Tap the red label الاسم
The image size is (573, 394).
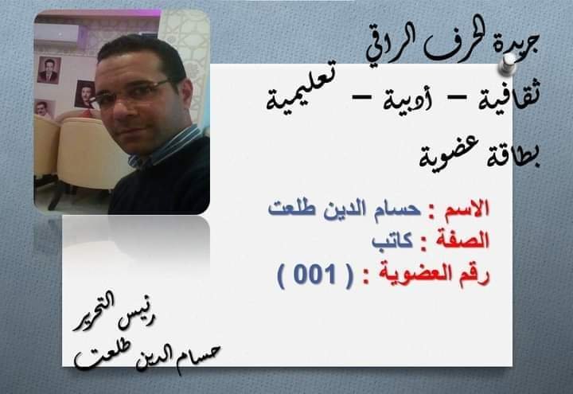pyautogui.click(x=466, y=210)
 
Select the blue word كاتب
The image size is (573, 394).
pyautogui.click(x=392, y=242)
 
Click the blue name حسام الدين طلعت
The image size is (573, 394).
pyautogui.click(x=345, y=209)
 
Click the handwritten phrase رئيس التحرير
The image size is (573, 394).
pyautogui.click(x=114, y=314)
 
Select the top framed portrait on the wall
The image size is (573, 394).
pyautogui.click(x=49, y=70)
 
